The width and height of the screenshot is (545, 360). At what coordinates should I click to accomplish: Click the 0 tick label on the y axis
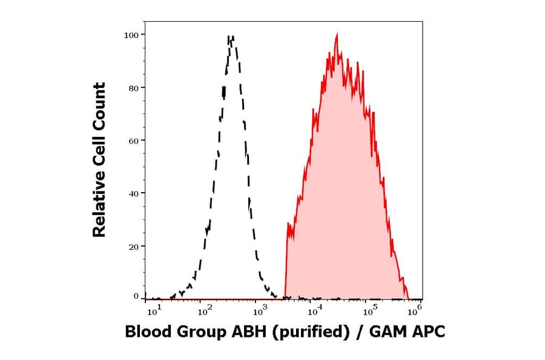pyautogui.click(x=136, y=296)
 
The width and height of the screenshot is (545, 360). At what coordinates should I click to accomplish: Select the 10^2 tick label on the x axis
pyautogui.click(x=205, y=312)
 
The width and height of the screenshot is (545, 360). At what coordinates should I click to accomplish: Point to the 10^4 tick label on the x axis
pyautogui.click(x=313, y=312)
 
